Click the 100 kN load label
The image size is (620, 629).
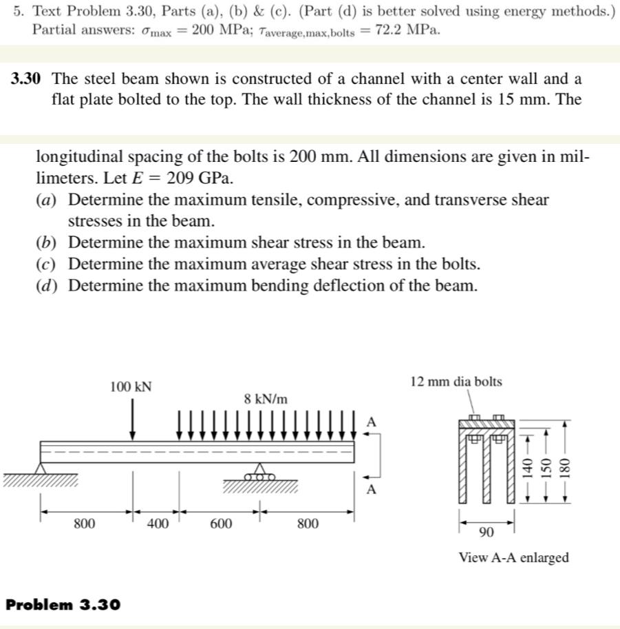tap(131, 386)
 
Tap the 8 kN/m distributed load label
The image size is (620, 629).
tap(266, 399)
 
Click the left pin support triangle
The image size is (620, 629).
tap(42, 468)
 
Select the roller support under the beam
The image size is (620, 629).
tap(259, 473)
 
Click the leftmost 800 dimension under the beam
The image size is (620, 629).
tap(84, 524)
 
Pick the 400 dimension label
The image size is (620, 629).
tap(158, 524)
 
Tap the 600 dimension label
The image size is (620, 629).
tap(220, 524)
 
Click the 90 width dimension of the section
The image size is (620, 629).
tap(486, 532)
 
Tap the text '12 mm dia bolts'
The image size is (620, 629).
tap(456, 382)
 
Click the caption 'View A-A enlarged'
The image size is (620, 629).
tap(513, 557)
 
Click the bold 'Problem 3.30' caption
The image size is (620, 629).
tap(63, 604)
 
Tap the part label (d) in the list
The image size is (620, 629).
tap(47, 285)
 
